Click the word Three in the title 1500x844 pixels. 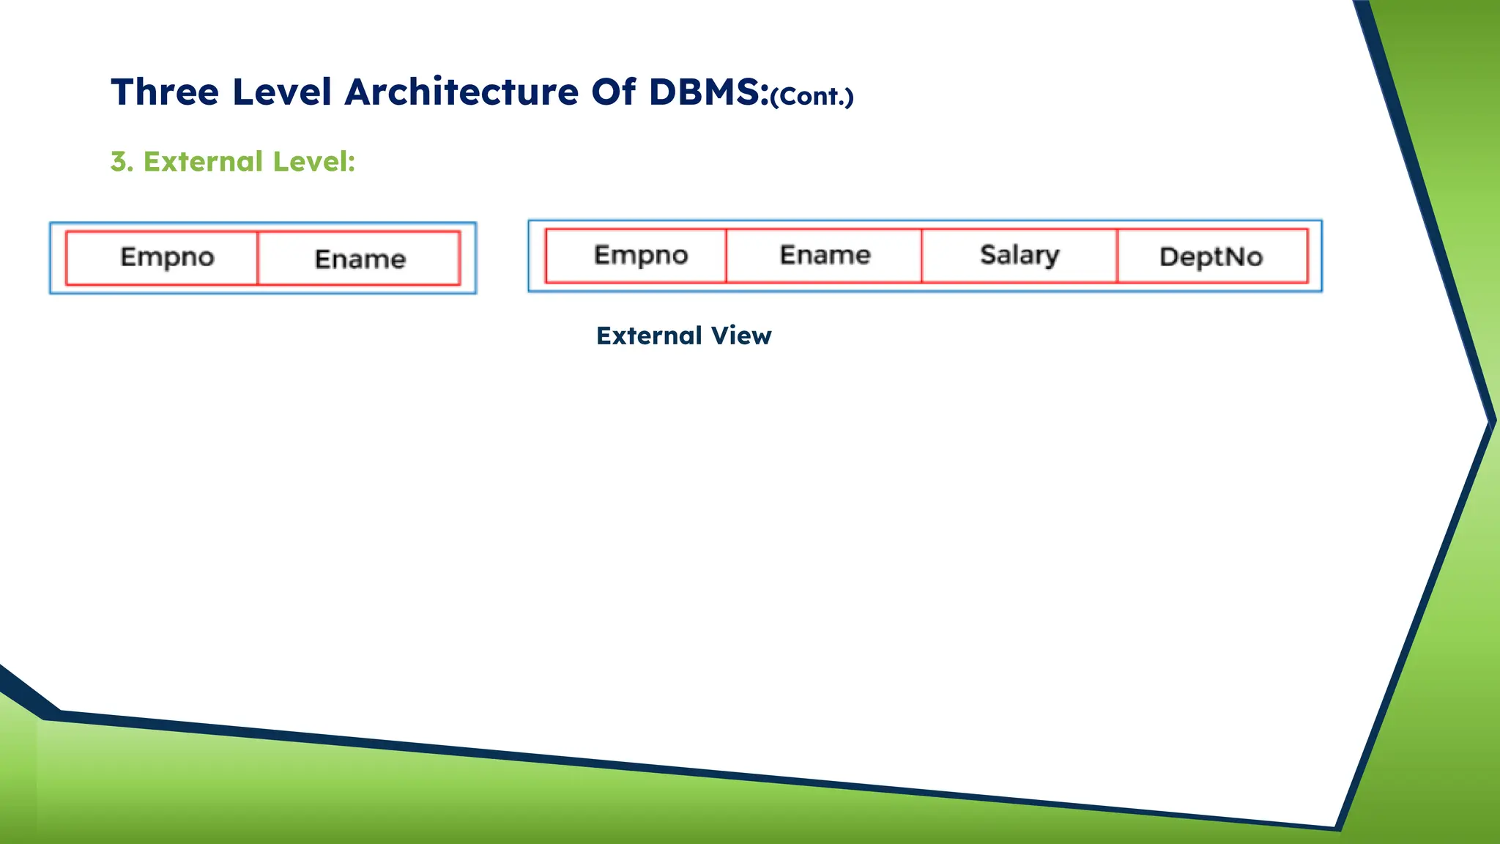[165, 92]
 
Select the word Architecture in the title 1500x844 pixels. [461, 92]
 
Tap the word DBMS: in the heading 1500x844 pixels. [708, 92]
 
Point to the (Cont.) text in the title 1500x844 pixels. [812, 97]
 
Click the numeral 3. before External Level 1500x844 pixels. [122, 162]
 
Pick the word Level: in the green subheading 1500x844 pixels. [313, 162]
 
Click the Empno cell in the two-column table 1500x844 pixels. [167, 257]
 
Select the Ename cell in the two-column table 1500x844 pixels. [360, 259]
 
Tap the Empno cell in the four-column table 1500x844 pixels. [640, 255]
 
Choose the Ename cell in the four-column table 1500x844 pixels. [825, 255]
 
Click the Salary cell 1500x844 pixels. [1020, 255]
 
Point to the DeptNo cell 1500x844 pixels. [1211, 256]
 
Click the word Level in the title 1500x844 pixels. [282, 92]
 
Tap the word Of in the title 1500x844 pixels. [613, 92]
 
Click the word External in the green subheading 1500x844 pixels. [203, 162]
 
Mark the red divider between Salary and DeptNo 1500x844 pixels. [1117, 256]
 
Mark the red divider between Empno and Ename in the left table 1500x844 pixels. [258, 258]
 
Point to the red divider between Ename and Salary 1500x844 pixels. [921, 256]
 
